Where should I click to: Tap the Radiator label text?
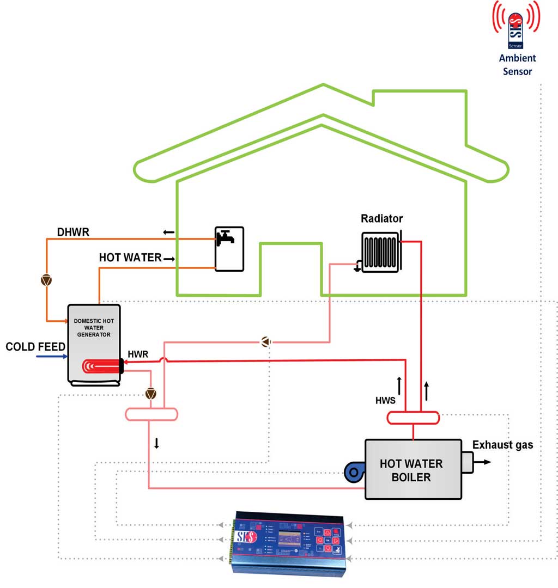pyautogui.click(x=381, y=219)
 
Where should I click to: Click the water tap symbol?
pyautogui.click(x=225, y=237)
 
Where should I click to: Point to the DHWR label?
pyautogui.click(x=74, y=232)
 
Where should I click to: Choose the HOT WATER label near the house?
pyautogui.click(x=130, y=258)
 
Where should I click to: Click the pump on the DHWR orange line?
pyautogui.click(x=47, y=280)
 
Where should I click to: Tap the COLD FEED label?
pyautogui.click(x=35, y=347)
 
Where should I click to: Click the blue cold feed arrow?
pyautogui.click(x=51, y=357)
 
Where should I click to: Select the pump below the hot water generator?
pyautogui.click(x=151, y=393)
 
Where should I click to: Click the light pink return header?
pyautogui.click(x=151, y=414)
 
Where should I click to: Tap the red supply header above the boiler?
pyautogui.click(x=414, y=418)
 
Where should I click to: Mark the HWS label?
pyautogui.click(x=385, y=400)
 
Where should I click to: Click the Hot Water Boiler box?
pyautogui.click(x=413, y=470)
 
